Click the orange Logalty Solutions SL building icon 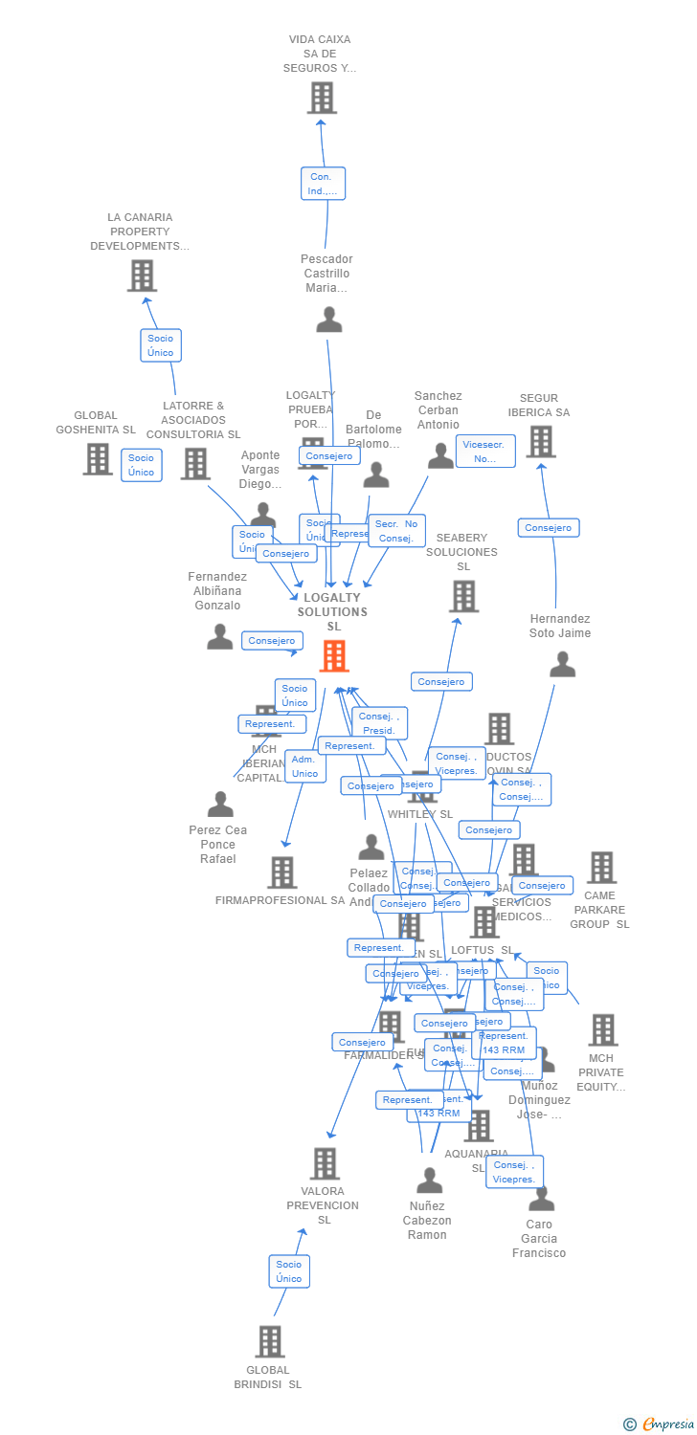tap(333, 656)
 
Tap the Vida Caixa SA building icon tap(322, 98)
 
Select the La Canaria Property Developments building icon tap(142, 276)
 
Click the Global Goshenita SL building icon tap(98, 459)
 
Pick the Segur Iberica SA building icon tap(541, 442)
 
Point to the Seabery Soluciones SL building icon tap(463, 596)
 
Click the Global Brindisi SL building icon tap(270, 1341)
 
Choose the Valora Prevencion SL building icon tap(325, 1163)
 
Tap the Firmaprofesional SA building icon tap(281, 872)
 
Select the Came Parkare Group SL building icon tap(601, 868)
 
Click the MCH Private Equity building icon tap(602, 1030)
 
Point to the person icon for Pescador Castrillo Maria tap(328, 320)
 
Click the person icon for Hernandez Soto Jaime tap(562, 665)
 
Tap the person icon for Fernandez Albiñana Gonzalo tap(220, 637)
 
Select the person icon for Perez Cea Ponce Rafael tap(220, 805)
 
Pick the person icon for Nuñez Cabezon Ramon tap(429, 1181)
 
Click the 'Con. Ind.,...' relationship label tap(323, 184)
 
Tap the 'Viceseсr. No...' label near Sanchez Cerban tap(485, 452)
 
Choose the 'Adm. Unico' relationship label tap(304, 766)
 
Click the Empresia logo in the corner tap(659, 1424)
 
